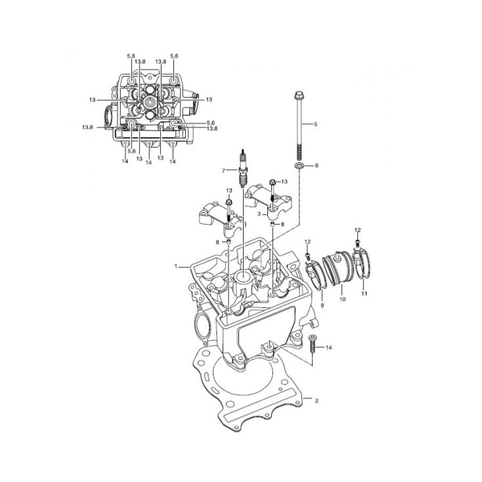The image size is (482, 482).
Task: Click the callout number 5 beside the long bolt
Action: pos(315,124)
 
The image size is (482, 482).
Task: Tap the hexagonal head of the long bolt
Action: pos(299,95)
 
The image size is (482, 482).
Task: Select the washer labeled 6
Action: pos(299,165)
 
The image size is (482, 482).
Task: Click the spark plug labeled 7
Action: pos(243,168)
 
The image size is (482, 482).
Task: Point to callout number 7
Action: pos(223,171)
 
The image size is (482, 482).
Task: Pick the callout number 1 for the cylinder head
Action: pos(176,266)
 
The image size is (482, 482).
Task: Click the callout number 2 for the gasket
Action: pos(317,401)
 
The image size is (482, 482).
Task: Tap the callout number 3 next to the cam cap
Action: pos(259,214)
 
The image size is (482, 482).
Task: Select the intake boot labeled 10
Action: pos(338,269)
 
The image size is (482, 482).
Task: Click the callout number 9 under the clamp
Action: pos(322,305)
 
